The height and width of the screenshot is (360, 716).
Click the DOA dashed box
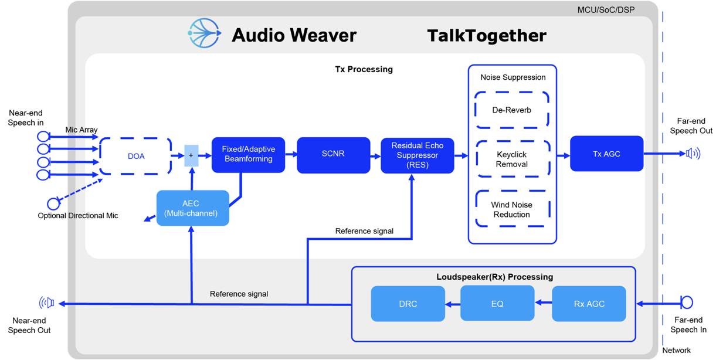(x=135, y=156)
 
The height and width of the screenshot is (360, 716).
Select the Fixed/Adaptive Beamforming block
(x=248, y=155)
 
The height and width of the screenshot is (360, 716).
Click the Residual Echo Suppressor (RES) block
(x=417, y=155)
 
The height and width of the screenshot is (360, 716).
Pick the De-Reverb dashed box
(x=512, y=110)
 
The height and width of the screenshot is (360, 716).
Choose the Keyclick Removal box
(x=512, y=159)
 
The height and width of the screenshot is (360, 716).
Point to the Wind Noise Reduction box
(x=512, y=209)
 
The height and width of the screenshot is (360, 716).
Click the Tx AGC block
(x=606, y=154)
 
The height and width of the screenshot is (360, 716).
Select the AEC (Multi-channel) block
(x=192, y=208)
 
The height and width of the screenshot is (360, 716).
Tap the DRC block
(x=408, y=304)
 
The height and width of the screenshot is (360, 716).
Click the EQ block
(x=497, y=304)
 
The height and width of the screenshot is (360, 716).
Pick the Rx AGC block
(x=589, y=304)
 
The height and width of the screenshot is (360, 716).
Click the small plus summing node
(x=191, y=155)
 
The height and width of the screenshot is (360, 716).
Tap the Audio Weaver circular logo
(x=204, y=33)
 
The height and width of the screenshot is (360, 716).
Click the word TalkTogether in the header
(x=486, y=36)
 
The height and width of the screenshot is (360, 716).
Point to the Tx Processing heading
(x=364, y=69)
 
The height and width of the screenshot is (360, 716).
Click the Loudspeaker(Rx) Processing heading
(x=494, y=277)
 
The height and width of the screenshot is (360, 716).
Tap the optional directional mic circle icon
(x=53, y=204)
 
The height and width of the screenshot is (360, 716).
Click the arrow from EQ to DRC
(x=452, y=304)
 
